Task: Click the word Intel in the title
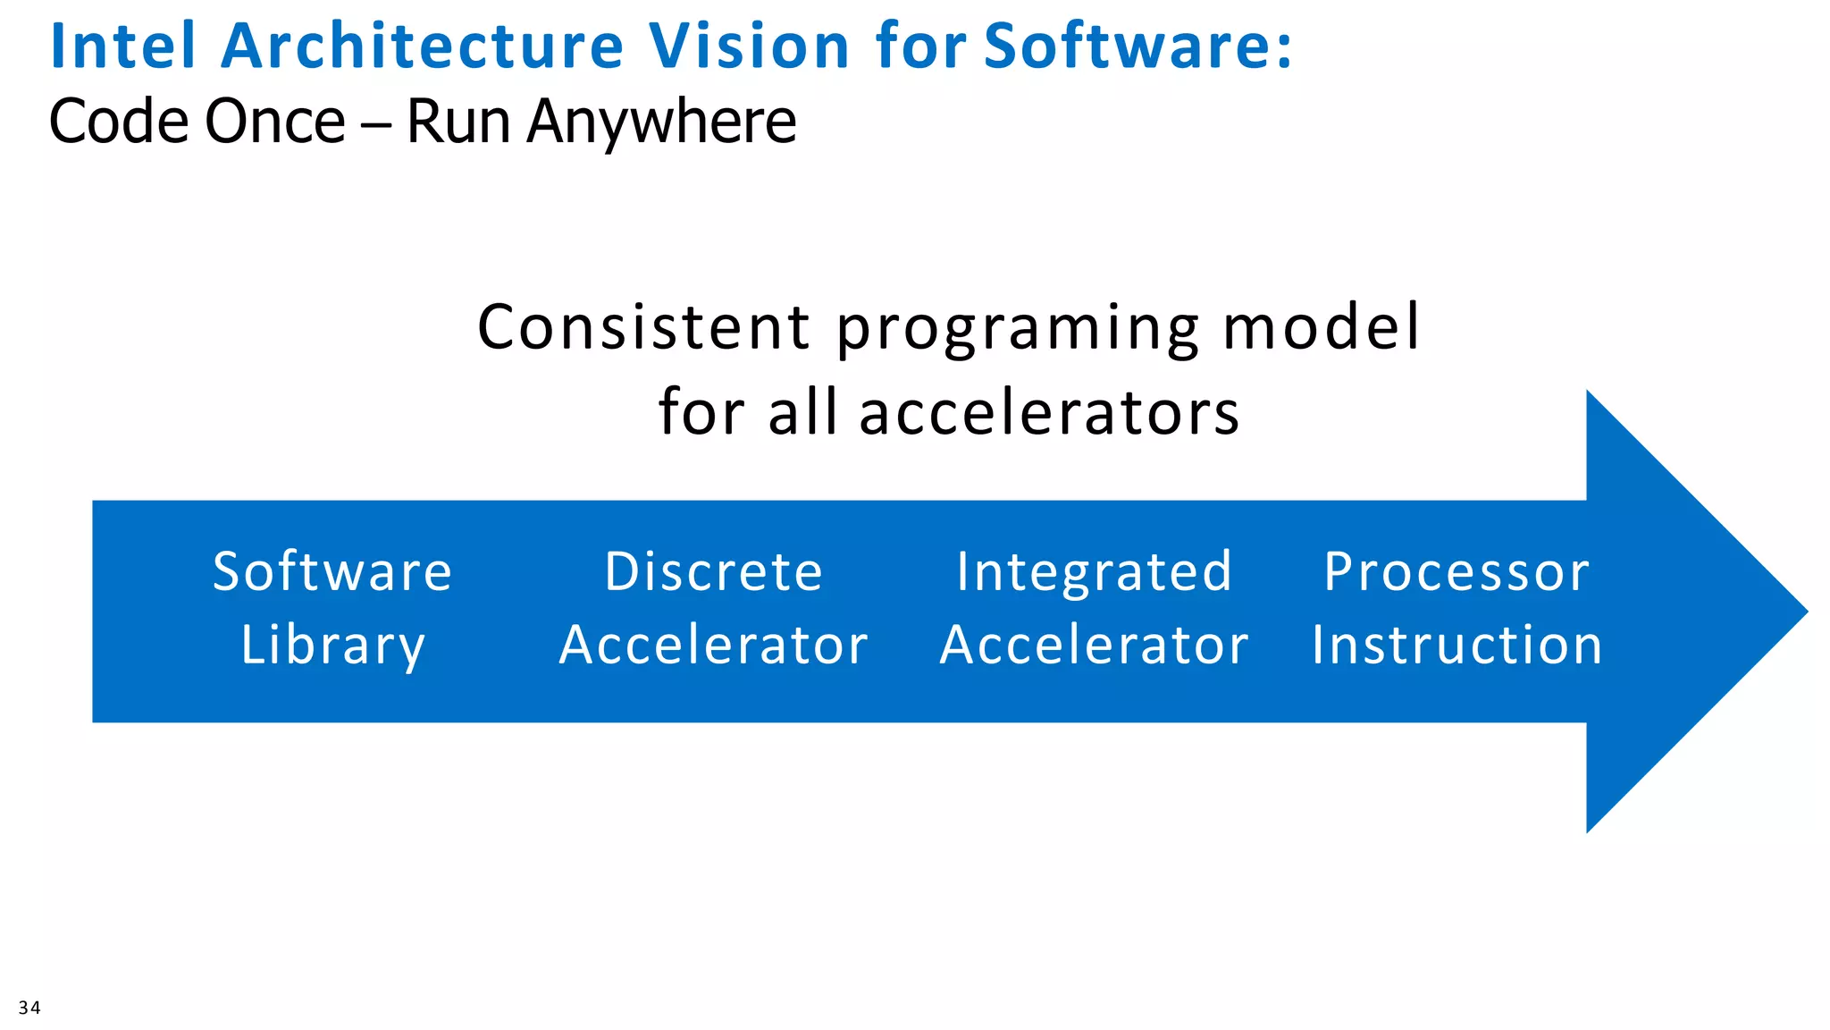point(122,46)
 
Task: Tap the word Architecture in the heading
point(422,46)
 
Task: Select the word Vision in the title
point(749,46)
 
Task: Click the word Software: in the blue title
point(1137,46)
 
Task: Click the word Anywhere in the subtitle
point(661,122)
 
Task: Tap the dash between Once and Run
point(376,123)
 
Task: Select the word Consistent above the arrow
point(643,327)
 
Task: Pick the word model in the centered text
point(1321,327)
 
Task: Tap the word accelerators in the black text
point(1049,413)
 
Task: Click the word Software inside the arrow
point(332,572)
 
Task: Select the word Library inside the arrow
point(332,646)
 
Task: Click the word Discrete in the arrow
point(713,572)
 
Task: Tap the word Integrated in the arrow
point(1094,572)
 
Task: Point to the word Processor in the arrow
point(1456,572)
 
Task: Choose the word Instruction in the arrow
point(1456,646)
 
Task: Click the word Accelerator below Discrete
point(713,646)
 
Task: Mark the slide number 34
point(29,1008)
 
